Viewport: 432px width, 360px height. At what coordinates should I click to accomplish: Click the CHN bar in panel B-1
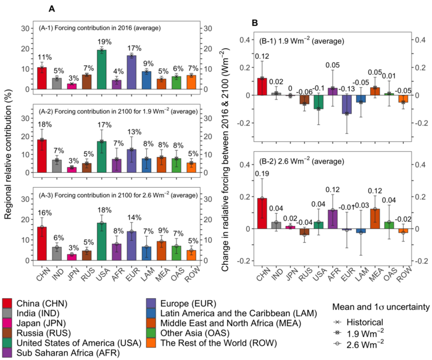[262, 86]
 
